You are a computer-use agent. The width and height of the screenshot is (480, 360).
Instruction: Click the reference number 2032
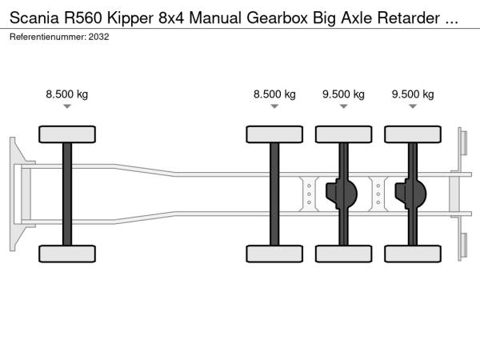tap(99, 36)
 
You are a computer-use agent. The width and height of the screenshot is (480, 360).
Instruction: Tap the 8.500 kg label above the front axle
tap(67, 94)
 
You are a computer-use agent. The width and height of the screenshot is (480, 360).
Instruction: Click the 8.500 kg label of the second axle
tap(274, 94)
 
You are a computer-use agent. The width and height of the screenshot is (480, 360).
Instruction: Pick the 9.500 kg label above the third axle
tap(343, 94)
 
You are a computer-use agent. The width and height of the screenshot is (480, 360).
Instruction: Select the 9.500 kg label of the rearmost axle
tap(413, 94)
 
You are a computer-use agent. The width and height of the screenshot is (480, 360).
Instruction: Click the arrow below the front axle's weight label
tap(67, 106)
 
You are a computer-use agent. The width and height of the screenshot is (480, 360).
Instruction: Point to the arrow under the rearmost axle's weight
tap(413, 106)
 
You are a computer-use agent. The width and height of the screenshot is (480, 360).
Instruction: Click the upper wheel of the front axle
tap(67, 134)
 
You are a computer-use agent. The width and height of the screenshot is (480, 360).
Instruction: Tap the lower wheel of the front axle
tap(67, 254)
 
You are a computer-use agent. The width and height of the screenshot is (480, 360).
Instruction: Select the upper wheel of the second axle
tap(274, 134)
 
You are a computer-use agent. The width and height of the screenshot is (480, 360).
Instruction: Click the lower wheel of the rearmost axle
tap(413, 254)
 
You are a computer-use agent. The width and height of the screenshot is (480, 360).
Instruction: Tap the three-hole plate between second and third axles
tap(309, 193)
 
